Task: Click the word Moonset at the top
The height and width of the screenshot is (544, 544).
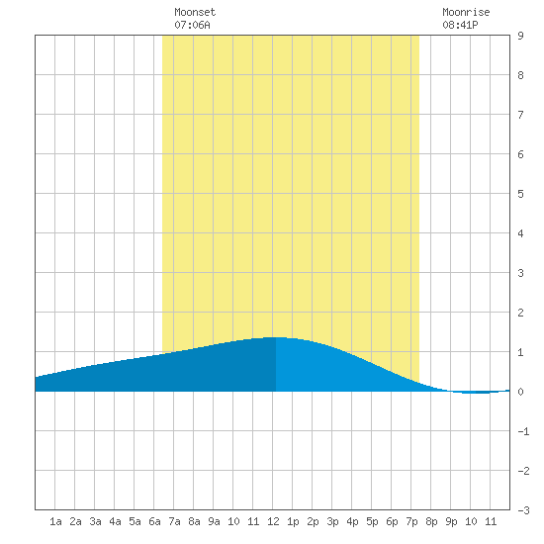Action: (195, 12)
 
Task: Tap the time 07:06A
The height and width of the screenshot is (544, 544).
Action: (192, 25)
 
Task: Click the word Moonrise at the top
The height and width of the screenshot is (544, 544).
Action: (466, 12)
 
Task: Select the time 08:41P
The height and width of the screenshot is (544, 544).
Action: (460, 25)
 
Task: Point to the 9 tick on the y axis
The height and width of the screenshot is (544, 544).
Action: (520, 36)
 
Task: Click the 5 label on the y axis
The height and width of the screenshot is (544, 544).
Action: (520, 194)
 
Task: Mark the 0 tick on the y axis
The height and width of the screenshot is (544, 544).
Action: (520, 392)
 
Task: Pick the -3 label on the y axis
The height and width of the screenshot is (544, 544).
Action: (523, 510)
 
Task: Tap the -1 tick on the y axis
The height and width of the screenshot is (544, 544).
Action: (523, 431)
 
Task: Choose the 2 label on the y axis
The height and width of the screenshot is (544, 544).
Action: (520, 313)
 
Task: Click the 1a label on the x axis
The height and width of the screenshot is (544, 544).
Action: (55, 521)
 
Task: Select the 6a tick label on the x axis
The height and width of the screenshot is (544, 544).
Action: (154, 521)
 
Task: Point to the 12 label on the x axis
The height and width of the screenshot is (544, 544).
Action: (273, 521)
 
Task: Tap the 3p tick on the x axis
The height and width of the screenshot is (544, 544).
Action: (332, 521)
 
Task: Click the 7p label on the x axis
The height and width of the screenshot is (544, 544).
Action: (411, 521)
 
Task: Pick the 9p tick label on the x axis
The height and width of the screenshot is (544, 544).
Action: (451, 521)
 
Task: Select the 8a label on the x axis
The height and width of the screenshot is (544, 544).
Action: (194, 521)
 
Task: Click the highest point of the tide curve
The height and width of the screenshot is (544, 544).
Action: (276, 337)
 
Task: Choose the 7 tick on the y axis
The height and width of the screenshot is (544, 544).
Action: (520, 115)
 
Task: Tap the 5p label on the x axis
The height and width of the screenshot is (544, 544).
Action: (372, 521)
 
